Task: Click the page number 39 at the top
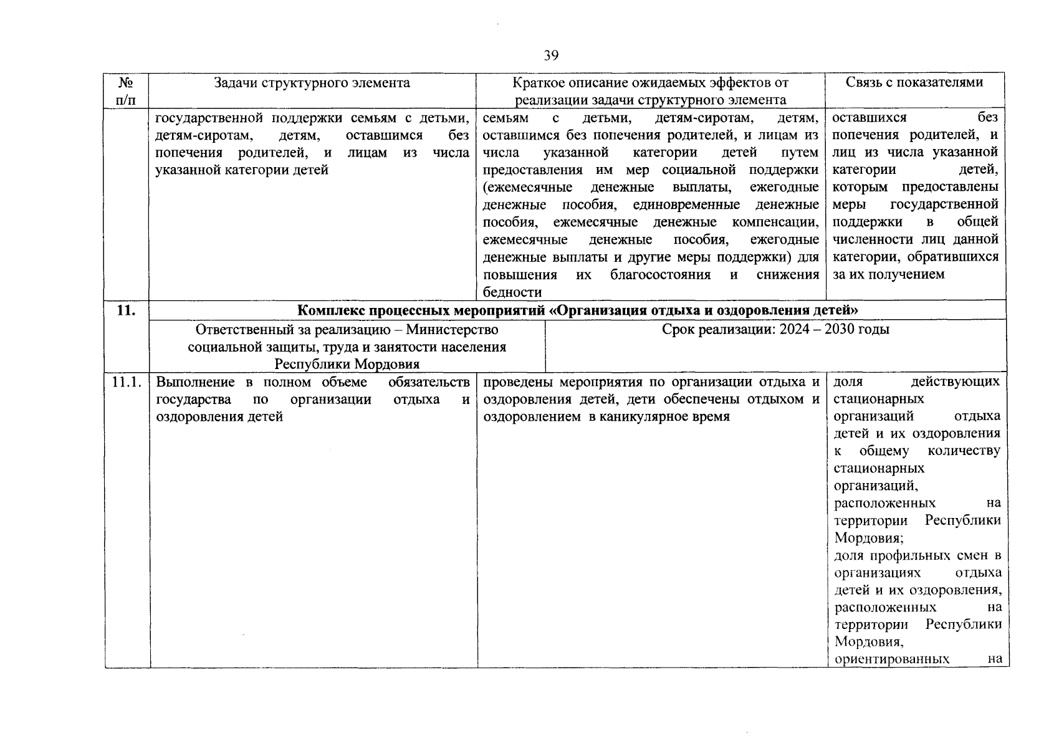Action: [550, 56]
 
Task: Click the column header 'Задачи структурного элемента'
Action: [312, 83]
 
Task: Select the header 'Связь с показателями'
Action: [914, 82]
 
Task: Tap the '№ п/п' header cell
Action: [127, 91]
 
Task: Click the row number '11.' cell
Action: [127, 310]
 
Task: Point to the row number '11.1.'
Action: [127, 382]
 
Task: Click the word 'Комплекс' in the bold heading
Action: [329, 310]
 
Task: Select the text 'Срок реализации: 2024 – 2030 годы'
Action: [775, 330]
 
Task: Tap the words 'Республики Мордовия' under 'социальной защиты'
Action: [347, 364]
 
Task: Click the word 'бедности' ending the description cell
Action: [512, 292]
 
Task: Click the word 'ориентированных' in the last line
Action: [891, 659]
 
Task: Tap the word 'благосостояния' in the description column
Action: [661, 275]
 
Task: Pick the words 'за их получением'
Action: [889, 274]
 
